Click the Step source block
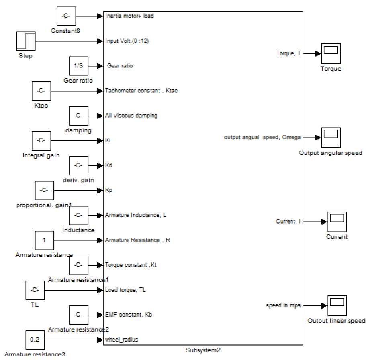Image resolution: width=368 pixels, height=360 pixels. [26, 41]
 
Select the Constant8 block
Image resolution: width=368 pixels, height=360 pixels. [65, 16]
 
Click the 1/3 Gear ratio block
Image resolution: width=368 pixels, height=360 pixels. [78, 66]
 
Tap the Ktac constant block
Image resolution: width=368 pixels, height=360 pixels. [41, 91]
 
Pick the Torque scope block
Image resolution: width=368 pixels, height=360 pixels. [331, 53]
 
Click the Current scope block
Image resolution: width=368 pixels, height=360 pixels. [337, 222]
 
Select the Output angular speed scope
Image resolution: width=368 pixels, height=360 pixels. [331, 138]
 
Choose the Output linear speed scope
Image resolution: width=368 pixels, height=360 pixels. [337, 306]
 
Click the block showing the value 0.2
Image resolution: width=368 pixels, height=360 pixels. [35, 340]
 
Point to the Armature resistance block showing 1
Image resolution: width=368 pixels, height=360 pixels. [44, 240]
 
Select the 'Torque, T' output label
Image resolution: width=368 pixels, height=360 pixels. [288, 53]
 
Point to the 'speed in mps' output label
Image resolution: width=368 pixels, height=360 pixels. [283, 305]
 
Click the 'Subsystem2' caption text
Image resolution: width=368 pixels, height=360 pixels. [203, 350]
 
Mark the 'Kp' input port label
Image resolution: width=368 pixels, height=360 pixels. [108, 190]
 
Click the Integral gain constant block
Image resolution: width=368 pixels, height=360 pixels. [41, 141]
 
